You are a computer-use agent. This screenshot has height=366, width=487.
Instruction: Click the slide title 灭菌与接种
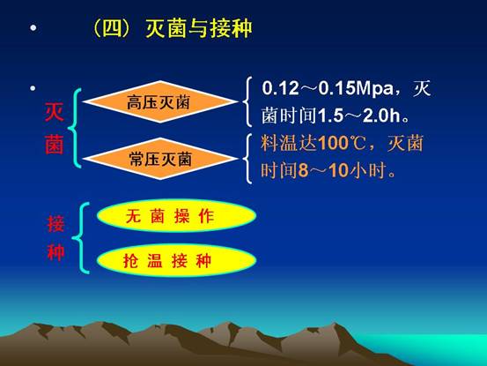point(199,28)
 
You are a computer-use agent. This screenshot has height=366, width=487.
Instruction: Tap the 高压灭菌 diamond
point(159,101)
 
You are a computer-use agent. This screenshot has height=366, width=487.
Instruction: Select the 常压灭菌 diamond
point(159,159)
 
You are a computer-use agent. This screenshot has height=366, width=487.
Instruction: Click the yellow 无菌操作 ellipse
point(176,216)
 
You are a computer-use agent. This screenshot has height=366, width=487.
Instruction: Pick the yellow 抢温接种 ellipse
point(176,260)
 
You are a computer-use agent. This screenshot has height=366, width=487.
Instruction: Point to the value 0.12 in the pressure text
point(280,88)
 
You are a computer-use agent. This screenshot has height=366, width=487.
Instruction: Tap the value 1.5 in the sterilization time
point(330,116)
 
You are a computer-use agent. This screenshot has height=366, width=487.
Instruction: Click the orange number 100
point(334,144)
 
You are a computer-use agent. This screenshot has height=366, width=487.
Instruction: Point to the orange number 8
point(303,171)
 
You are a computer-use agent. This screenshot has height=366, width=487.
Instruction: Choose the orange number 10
point(338,171)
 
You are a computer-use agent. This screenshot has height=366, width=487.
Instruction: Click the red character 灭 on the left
point(55,112)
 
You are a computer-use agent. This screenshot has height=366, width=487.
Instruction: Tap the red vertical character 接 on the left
point(55,224)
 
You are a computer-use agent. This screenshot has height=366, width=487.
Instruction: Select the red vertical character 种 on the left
point(55,251)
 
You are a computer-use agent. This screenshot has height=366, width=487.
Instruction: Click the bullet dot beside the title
point(33,28)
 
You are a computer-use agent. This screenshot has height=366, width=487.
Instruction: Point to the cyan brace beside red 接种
point(81,238)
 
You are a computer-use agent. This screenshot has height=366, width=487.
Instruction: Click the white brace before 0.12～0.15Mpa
point(247,101)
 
